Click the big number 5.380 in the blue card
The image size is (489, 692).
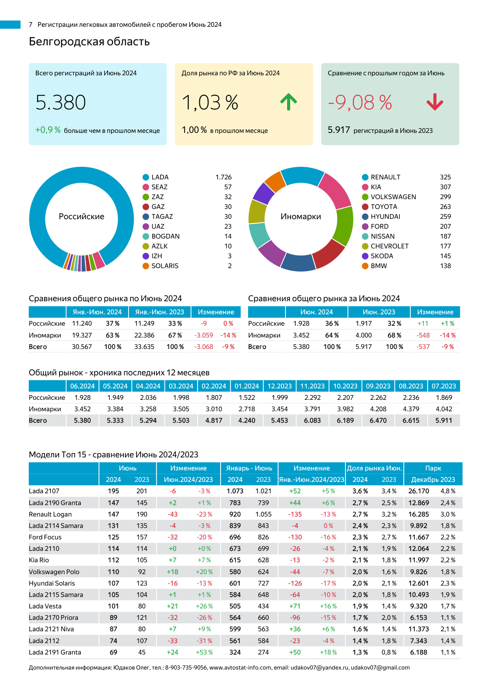pos(61,103)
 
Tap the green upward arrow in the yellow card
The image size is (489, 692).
pos(288,102)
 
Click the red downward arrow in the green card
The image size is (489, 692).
pos(435,102)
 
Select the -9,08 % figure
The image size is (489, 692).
pos(360,103)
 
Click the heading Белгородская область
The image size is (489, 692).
pos(89,41)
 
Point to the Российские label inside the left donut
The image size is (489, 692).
pos(82,216)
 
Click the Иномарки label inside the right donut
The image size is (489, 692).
pos(300,216)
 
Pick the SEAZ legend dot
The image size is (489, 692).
pos(146,187)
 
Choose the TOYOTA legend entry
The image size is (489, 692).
pos(384,207)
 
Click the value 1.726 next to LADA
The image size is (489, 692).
pos(223,177)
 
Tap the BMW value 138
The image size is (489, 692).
pos(445,266)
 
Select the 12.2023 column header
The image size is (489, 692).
pos(279,386)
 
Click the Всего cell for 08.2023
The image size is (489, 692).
pos(411,420)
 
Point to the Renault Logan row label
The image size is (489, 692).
pos(50,514)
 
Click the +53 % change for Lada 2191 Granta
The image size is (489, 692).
pos(204,652)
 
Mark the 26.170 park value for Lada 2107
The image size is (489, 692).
pos(418,491)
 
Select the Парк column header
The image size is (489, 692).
pos(433,468)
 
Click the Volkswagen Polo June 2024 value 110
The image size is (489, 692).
pos(114,572)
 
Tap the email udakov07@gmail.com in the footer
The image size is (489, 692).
pos(380,668)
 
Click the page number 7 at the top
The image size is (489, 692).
pos(31,24)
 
